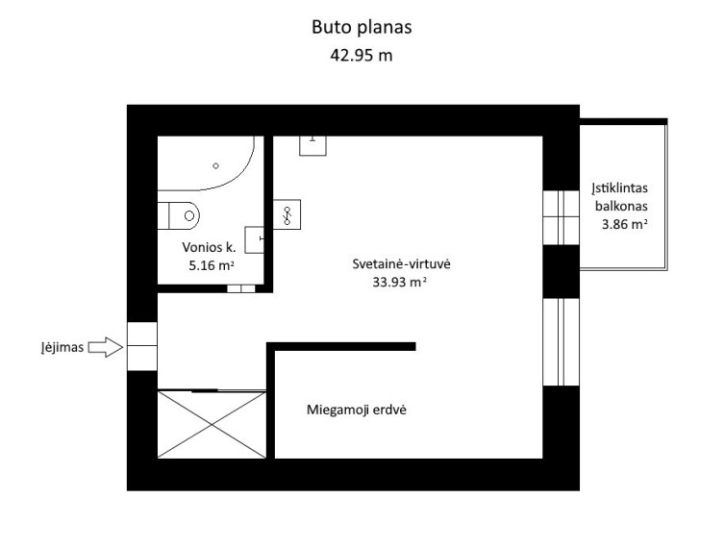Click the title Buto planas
pos(362,27)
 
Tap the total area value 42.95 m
pos(362,56)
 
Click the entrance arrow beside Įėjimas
pos(106,347)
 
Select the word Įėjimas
pos(62,347)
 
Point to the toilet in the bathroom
pos(179,215)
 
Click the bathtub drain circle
pos(215,165)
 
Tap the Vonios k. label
pos(210,247)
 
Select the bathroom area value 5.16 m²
pos(212,265)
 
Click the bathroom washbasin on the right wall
pos(254,239)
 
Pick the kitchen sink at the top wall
pos(313,145)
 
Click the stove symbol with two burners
pos(287,214)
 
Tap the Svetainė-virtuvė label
pos(401,264)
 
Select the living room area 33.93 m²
pos(399,282)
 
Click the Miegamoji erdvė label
pos(357,410)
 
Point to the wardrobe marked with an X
pos(212,425)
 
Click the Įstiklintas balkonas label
pos(620,197)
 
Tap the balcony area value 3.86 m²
pos(624,224)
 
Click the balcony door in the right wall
pos(561,217)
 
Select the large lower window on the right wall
pos(561,342)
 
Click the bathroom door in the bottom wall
pos(241,288)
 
